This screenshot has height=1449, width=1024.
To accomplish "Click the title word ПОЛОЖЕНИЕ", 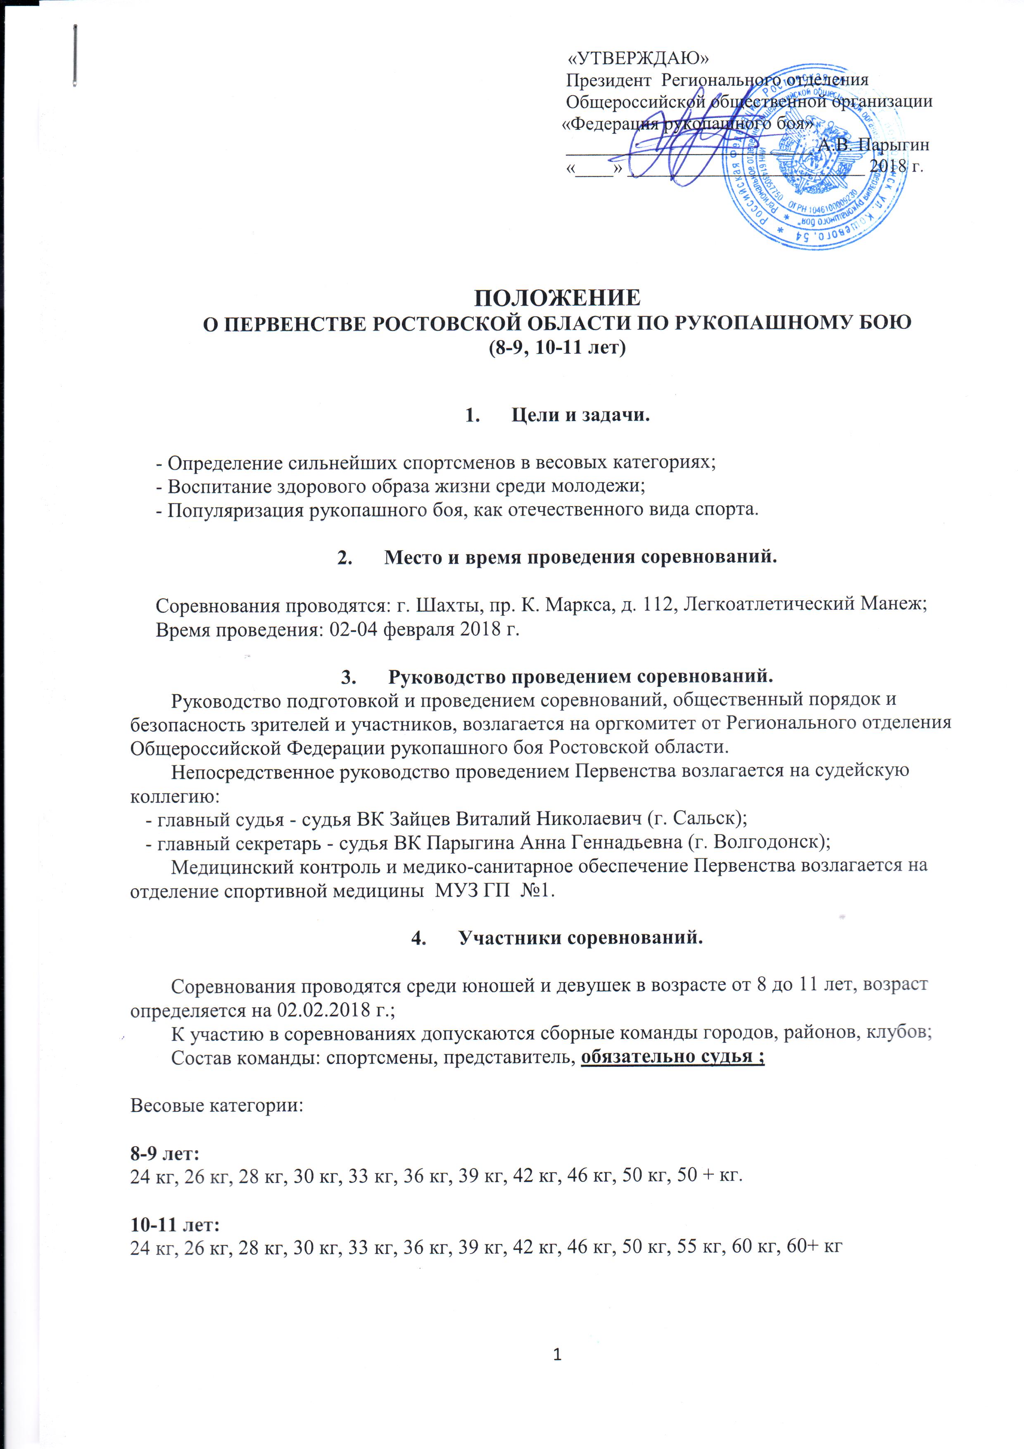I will [x=557, y=297].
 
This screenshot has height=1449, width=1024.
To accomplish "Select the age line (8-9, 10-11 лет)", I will [x=558, y=348].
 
